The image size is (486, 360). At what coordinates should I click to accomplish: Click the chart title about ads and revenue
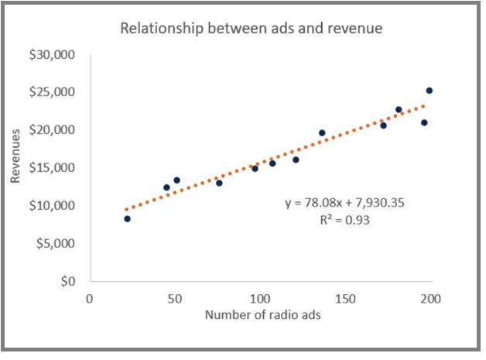(250, 29)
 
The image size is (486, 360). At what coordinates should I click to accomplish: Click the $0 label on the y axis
(68, 281)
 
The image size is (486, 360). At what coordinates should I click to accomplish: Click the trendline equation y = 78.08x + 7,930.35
(345, 203)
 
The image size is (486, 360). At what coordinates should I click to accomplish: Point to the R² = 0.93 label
(345, 220)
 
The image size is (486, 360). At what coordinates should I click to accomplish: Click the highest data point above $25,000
(430, 91)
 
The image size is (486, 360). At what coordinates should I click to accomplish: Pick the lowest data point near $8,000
(127, 219)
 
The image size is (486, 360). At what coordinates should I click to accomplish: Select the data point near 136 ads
(322, 133)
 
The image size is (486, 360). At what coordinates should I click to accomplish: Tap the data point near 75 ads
(219, 183)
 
